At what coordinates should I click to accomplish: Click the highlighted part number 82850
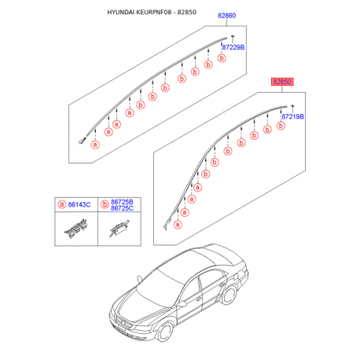pyautogui.click(x=282, y=82)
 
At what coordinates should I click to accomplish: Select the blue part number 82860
pyautogui.click(x=226, y=16)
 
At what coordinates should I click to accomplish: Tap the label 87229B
pyautogui.click(x=233, y=47)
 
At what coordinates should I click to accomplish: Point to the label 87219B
pyautogui.click(x=292, y=116)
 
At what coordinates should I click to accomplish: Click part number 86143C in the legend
pyautogui.click(x=79, y=204)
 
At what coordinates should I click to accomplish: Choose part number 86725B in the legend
pyautogui.click(x=122, y=202)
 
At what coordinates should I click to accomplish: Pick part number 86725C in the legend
pyautogui.click(x=122, y=208)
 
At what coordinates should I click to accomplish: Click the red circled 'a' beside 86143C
pyautogui.click(x=62, y=204)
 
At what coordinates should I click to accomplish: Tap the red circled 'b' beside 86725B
pyautogui.click(x=105, y=204)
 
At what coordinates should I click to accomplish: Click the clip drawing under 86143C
pyautogui.click(x=76, y=229)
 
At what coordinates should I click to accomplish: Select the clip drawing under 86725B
pyautogui.click(x=119, y=228)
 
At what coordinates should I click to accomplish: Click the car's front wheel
pyautogui.click(x=165, y=331)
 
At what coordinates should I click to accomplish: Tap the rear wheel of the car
pyautogui.click(x=229, y=295)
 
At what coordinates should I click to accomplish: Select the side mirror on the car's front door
pyautogui.click(x=182, y=304)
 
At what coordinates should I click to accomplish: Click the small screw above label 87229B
pyautogui.click(x=232, y=39)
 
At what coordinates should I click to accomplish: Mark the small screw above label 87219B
pyautogui.click(x=292, y=108)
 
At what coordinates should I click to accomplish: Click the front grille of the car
pyautogui.click(x=123, y=322)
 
